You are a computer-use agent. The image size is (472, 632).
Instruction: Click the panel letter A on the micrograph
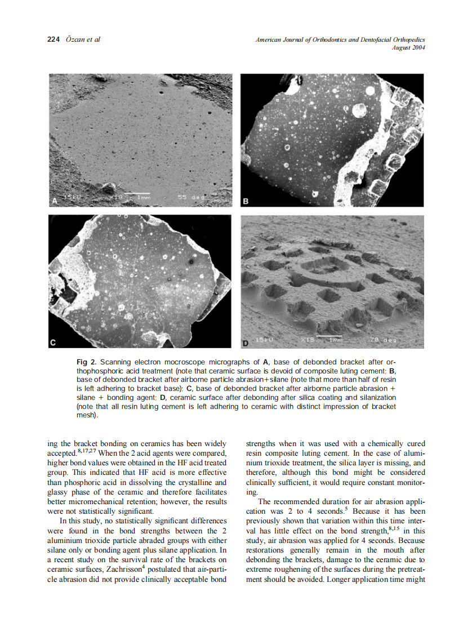(x=55, y=201)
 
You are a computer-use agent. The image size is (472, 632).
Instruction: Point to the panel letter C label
(x=53, y=342)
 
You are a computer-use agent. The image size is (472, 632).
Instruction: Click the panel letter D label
(x=246, y=342)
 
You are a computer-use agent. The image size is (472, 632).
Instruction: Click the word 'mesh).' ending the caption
(x=87, y=416)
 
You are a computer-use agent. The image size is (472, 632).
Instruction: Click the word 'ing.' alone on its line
(x=252, y=492)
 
